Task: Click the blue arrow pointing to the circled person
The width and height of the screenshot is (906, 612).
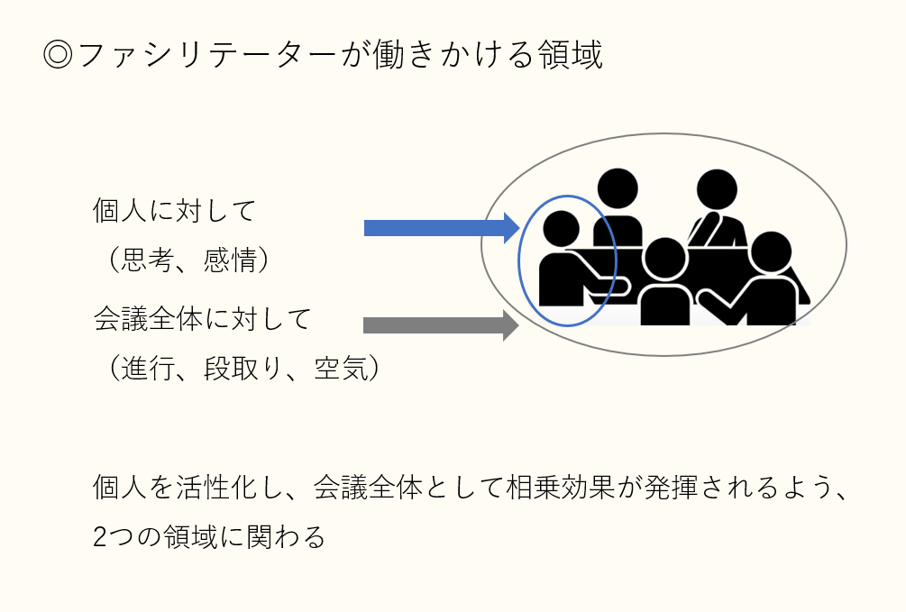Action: [x=442, y=228]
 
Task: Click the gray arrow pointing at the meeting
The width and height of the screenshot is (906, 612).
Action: [x=442, y=325]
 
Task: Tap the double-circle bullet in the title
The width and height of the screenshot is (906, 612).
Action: [x=58, y=56]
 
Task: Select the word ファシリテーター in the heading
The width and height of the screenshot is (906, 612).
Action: [x=206, y=56]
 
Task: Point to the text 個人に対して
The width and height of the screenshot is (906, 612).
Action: [x=174, y=210]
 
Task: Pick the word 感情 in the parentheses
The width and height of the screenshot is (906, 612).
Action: [x=230, y=260]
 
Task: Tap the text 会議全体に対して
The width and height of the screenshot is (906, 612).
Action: [x=202, y=319]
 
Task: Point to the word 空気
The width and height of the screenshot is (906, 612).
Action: [x=341, y=368]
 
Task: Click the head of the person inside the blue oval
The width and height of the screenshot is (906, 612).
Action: [x=561, y=228]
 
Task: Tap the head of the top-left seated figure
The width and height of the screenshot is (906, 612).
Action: [x=618, y=189]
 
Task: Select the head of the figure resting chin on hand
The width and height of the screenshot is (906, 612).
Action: [x=717, y=189]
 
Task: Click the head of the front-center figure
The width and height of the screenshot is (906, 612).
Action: [x=664, y=259]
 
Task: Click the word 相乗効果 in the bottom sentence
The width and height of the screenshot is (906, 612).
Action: [x=561, y=488]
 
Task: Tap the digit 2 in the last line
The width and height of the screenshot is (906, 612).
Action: [x=99, y=537]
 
